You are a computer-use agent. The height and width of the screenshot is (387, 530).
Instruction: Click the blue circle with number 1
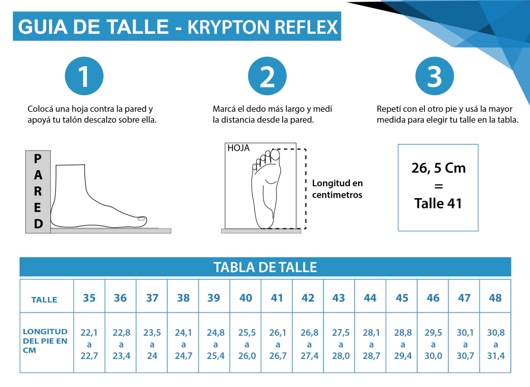84,76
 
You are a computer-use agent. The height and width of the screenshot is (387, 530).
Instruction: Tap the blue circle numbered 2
267,76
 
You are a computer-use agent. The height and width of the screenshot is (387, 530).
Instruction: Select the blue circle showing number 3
434,76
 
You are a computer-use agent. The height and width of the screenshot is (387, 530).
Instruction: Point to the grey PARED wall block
38,191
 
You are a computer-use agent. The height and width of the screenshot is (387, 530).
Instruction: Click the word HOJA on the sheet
238,148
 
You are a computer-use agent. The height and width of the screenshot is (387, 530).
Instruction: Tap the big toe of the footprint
275,155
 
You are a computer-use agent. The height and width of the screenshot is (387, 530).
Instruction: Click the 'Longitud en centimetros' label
337,189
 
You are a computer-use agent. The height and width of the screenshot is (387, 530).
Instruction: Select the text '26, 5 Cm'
438,168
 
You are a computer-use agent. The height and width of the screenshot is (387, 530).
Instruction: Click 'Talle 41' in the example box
438,203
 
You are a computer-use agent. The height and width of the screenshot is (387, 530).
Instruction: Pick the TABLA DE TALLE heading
266,267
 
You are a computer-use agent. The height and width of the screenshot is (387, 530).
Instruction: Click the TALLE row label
45,300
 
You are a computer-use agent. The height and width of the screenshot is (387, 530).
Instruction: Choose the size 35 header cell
89,298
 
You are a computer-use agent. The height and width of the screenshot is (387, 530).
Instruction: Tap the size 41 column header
277,298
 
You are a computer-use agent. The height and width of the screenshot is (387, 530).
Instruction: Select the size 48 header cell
495,298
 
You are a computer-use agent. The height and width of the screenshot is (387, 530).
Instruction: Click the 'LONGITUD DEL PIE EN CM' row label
45,341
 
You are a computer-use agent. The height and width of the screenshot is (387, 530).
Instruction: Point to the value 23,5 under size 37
152,333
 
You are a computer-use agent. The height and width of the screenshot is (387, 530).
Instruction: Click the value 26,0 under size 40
247,356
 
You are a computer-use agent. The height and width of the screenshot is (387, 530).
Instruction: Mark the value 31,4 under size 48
496,356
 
